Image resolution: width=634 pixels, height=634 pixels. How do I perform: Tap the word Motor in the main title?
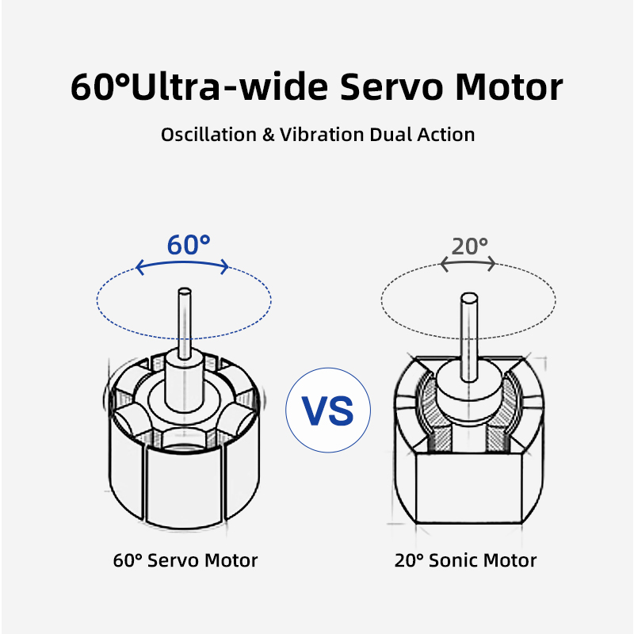tap(510, 86)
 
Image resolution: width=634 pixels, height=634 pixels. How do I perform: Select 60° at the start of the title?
tap(98, 86)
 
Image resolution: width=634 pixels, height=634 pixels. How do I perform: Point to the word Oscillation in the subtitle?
tap(208, 135)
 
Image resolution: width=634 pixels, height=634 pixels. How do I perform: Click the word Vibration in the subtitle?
tap(323, 135)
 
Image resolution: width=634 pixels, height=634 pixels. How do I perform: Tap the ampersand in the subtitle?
tap(269, 135)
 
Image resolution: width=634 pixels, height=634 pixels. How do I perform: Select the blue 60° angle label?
tap(189, 246)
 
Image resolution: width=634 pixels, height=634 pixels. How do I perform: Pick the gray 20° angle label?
tap(469, 246)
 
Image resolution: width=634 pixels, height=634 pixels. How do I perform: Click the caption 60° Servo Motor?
tap(185, 561)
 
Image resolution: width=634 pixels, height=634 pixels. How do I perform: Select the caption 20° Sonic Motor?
tap(465, 561)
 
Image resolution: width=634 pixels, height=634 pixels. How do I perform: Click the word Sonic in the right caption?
tap(452, 561)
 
